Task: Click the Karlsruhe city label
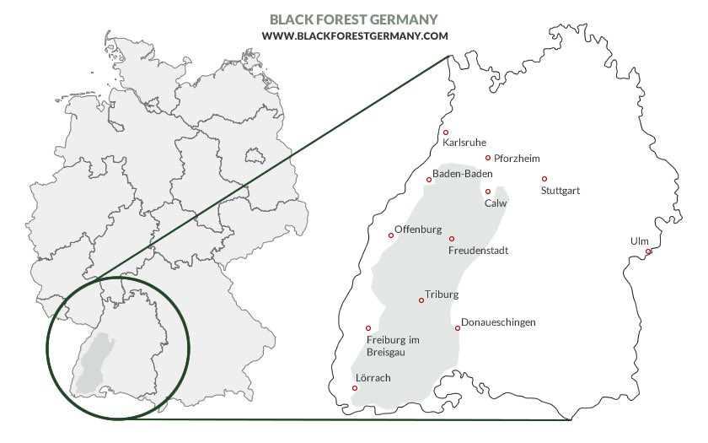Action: (464, 143)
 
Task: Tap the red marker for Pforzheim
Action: (488, 158)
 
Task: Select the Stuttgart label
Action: (560, 191)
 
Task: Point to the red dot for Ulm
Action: (648, 251)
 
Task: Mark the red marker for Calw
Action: (488, 192)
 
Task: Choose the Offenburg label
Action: (419, 230)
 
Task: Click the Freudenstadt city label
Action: (478, 251)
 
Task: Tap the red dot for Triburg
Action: (421, 300)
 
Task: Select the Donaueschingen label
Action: (499, 322)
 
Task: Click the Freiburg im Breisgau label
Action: (394, 346)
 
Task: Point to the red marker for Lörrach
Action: (355, 388)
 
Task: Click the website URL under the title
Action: (354, 35)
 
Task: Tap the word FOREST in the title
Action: (348, 19)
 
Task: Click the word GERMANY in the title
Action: (408, 19)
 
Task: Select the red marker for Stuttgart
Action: (544, 179)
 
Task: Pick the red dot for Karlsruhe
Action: (446, 132)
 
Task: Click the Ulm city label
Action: (640, 241)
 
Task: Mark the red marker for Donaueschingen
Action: (458, 328)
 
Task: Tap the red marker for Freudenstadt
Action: (451, 239)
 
